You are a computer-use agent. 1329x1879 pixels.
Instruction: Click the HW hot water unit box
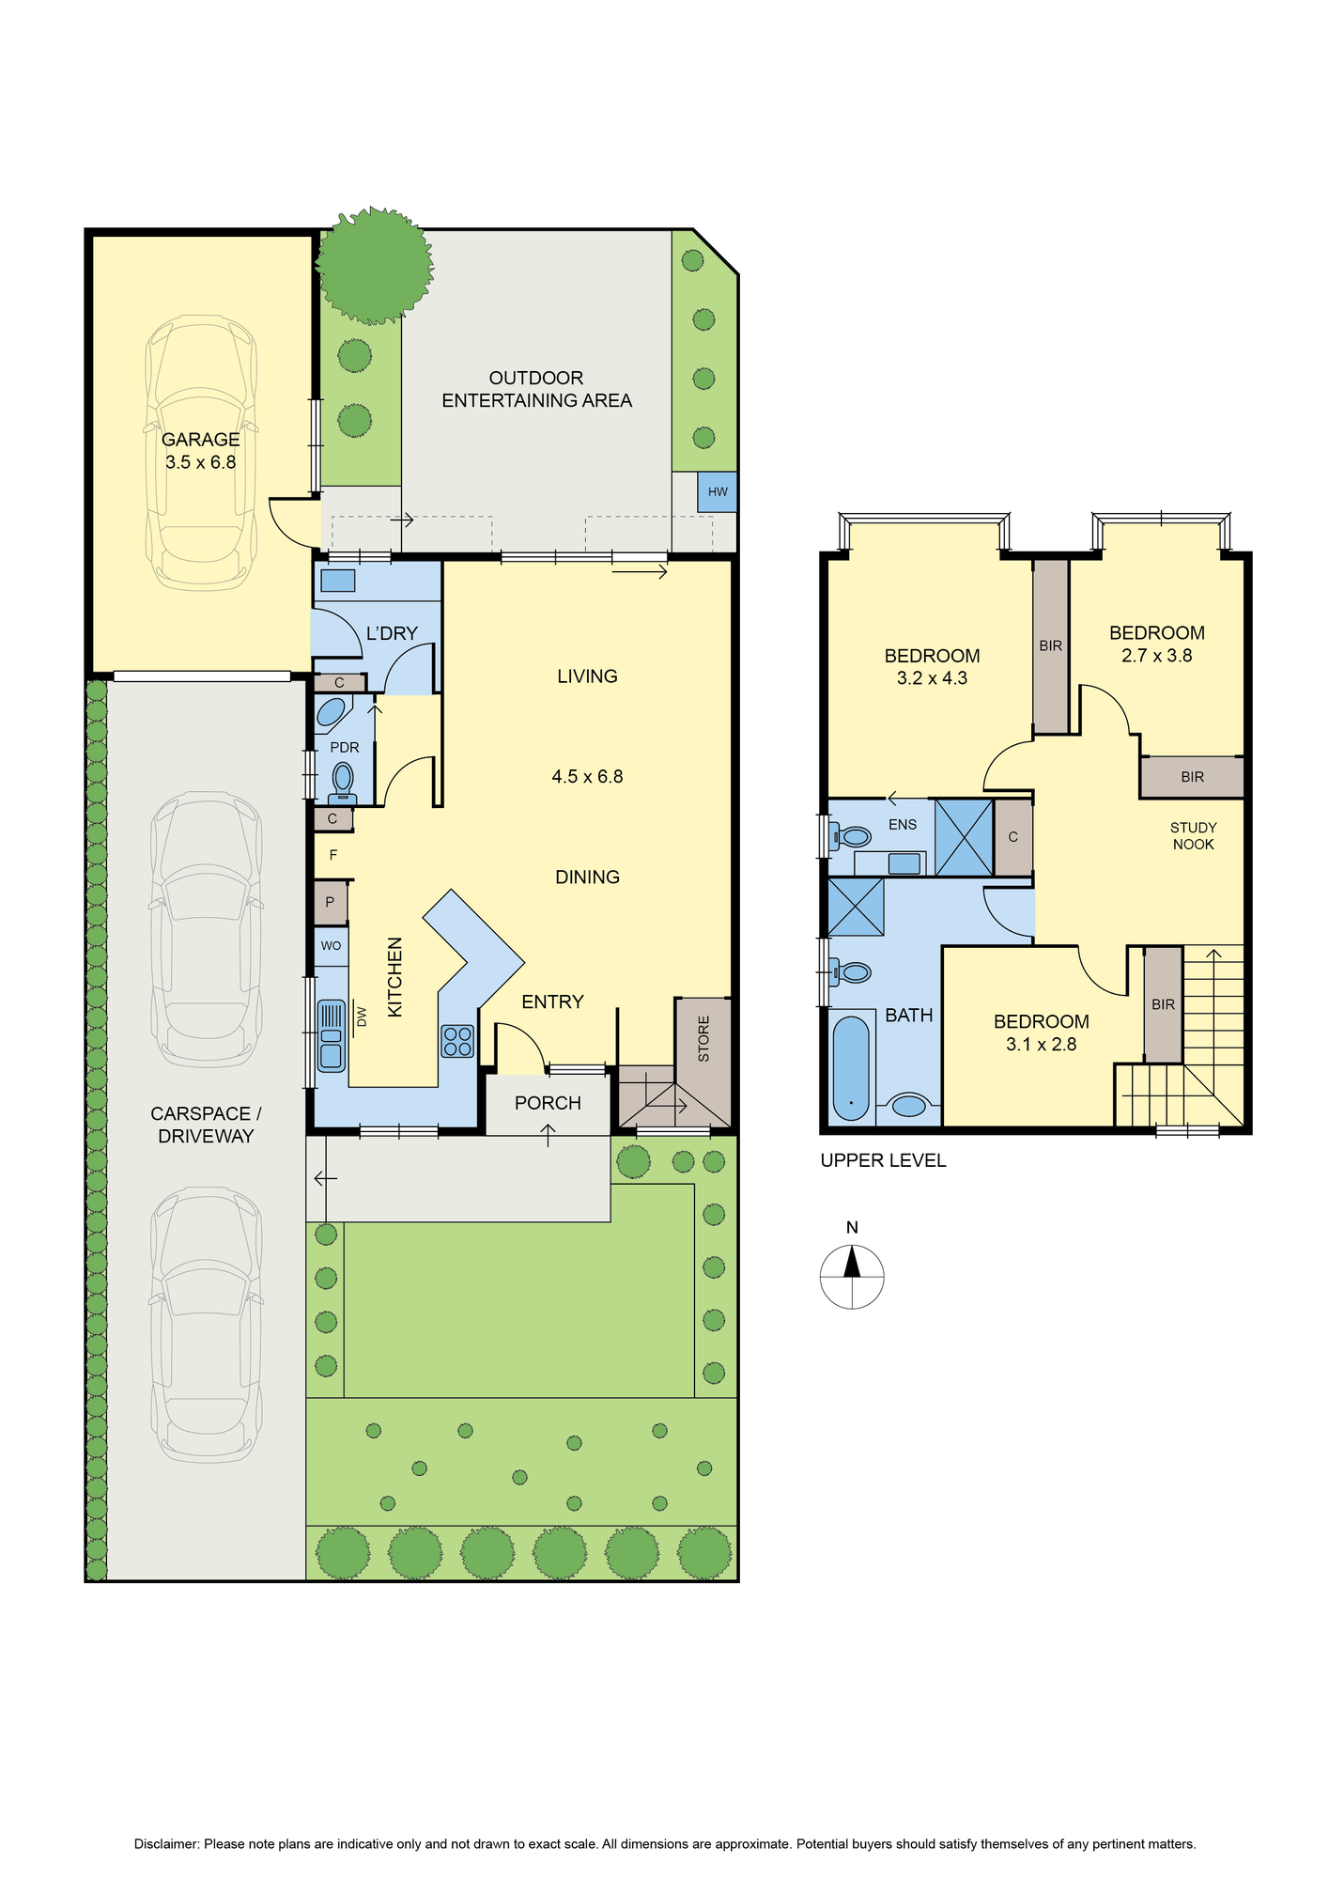(717, 492)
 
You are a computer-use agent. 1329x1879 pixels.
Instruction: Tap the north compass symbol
(852, 1277)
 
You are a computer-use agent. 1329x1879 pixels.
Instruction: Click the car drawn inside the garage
(200, 453)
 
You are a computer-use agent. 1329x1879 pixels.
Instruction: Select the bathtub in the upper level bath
(852, 1067)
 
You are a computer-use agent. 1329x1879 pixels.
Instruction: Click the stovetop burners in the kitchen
(457, 1041)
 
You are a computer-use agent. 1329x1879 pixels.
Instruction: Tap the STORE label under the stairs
(703, 1039)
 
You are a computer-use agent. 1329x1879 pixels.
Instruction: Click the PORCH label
(548, 1103)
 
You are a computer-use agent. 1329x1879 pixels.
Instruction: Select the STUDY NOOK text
(1193, 836)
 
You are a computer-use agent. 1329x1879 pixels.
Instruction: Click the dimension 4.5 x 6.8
(587, 777)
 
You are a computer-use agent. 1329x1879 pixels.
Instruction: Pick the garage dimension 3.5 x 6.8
(200, 462)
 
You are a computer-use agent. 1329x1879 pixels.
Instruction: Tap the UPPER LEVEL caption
(883, 1160)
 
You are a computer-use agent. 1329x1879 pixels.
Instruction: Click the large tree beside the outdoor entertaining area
(375, 266)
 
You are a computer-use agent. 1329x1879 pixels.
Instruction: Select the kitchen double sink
(331, 1035)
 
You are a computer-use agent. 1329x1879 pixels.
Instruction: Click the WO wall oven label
(331, 945)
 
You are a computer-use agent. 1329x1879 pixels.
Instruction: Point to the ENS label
(903, 825)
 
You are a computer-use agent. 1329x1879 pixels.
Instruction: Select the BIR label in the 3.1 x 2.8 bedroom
(1163, 1004)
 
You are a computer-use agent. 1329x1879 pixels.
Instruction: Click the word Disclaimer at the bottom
(166, 1844)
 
